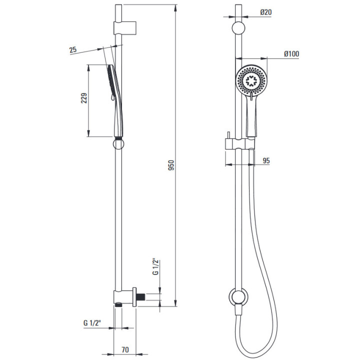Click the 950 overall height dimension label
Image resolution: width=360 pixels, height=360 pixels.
coord(171,165)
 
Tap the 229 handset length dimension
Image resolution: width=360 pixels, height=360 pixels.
coord(84,98)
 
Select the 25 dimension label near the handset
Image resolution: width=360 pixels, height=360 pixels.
coord(73,50)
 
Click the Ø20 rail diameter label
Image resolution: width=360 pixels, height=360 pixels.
coord(266,12)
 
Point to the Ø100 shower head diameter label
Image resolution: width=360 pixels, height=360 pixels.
coord(291,53)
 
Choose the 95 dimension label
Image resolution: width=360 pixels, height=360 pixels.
coord(266,160)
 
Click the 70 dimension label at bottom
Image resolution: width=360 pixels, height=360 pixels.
coord(125,349)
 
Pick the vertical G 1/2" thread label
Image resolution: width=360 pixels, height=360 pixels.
coord(155,267)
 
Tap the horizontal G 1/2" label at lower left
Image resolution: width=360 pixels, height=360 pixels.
coord(92,323)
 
